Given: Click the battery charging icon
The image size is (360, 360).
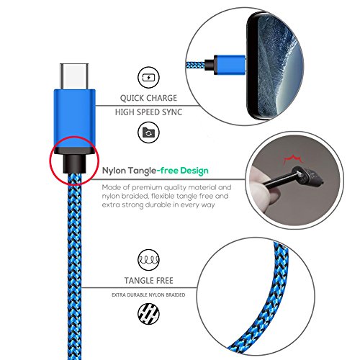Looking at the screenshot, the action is pyautogui.click(x=148, y=78).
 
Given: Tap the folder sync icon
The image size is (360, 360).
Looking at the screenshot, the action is pyautogui.click(x=148, y=132).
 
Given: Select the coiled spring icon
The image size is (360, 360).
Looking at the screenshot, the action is pyautogui.click(x=148, y=260).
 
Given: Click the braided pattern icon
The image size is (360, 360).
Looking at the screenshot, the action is pyautogui.click(x=148, y=314).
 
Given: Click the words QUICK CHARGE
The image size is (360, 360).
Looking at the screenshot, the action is pyautogui.click(x=148, y=98).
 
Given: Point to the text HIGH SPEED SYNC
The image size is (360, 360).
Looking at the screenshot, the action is pyautogui.click(x=148, y=112).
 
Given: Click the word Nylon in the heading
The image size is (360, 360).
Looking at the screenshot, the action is pyautogui.click(x=114, y=171).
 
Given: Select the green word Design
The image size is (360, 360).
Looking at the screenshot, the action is pyautogui.click(x=194, y=171).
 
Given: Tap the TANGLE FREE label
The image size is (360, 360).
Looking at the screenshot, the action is pyautogui.click(x=148, y=280).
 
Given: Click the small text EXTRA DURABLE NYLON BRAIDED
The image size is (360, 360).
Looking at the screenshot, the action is pyautogui.click(x=148, y=294).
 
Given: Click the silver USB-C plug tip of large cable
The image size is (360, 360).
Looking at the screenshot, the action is pyautogui.click(x=74, y=76).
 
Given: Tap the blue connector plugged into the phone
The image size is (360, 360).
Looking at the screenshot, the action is pyautogui.click(x=230, y=64).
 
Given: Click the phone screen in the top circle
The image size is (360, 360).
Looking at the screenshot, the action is pyautogui.click(x=279, y=66).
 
